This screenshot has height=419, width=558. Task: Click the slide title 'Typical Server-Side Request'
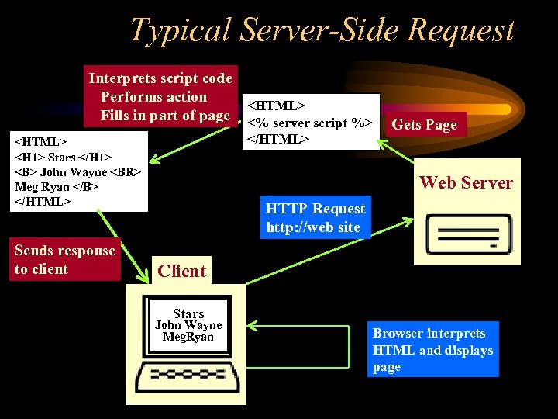(322, 29)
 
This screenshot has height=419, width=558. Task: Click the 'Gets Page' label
(424, 124)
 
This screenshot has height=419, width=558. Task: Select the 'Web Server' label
(466, 183)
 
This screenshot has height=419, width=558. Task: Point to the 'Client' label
(181, 271)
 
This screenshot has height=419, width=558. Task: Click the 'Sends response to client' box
(66, 260)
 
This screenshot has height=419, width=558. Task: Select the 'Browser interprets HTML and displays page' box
(432, 350)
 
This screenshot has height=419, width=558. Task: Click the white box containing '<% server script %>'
(312, 121)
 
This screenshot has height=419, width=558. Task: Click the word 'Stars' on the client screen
(188, 313)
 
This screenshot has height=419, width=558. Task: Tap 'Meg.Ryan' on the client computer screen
(188, 337)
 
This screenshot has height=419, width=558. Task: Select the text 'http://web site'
(313, 227)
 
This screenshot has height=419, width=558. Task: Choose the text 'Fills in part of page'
(165, 116)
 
